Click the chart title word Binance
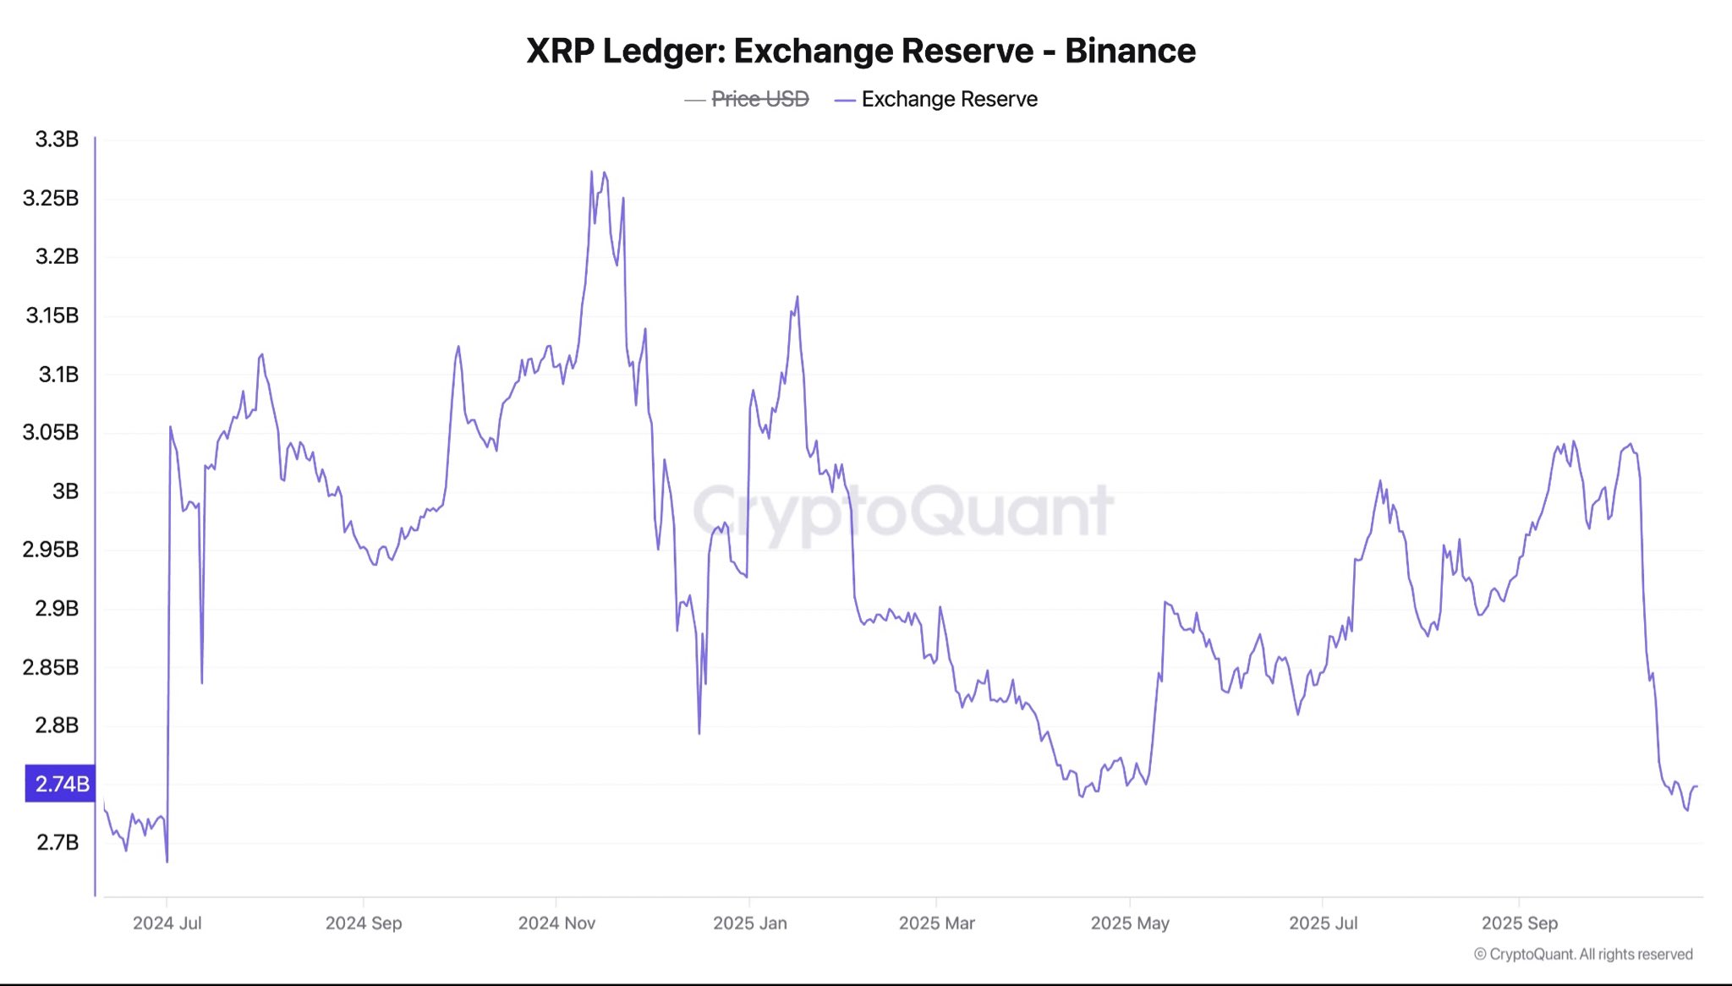(1130, 51)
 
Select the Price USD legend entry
(759, 99)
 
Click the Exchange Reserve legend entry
(949, 99)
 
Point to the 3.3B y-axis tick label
(57, 140)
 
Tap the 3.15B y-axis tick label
(52, 315)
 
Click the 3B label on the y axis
(65, 491)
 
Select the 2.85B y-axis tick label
(51, 667)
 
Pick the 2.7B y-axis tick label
(58, 842)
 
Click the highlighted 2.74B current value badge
(61, 784)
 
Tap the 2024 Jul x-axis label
(167, 923)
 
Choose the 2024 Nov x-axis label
(556, 923)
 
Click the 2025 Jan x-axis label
(749, 923)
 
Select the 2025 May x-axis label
(1130, 923)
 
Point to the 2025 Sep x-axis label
(1519, 923)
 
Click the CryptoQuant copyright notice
(1583, 954)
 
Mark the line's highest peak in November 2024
(591, 172)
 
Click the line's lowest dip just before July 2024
(167, 862)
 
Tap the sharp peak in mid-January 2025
(797, 297)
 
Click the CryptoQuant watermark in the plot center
(903, 512)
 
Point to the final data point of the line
(1696, 786)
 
